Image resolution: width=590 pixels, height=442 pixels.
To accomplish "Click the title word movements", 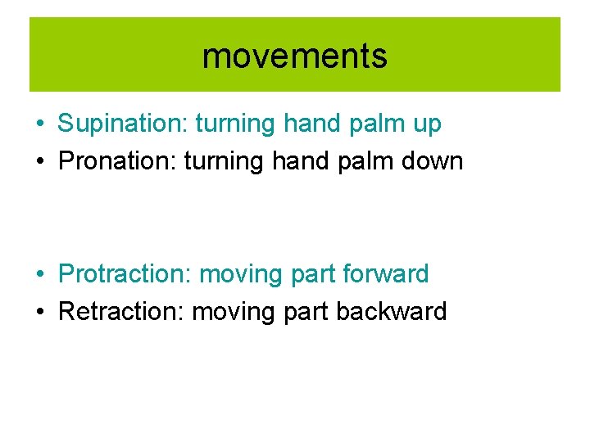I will (x=294, y=56).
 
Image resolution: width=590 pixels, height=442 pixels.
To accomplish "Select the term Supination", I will (x=120, y=124).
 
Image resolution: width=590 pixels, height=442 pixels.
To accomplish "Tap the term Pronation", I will (x=117, y=161).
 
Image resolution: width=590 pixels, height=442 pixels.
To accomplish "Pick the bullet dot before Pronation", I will (x=39, y=162).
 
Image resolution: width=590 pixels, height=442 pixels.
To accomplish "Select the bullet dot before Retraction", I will (x=39, y=313).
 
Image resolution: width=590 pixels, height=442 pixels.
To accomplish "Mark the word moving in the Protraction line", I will (x=238, y=274).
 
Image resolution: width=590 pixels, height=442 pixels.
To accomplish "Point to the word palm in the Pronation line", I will (x=350, y=161).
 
